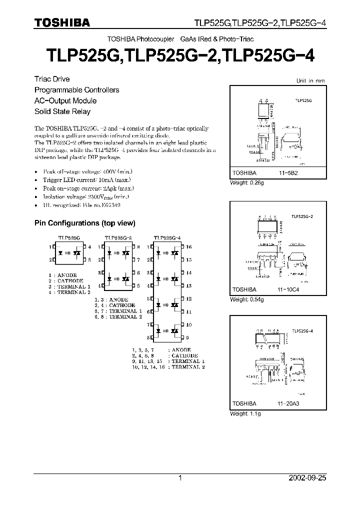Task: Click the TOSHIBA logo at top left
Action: point(62,22)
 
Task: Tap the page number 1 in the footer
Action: point(180,478)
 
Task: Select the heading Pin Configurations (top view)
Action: point(84,223)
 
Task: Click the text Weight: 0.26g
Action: point(246,183)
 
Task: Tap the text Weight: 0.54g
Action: point(246,299)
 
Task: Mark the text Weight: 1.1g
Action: point(245,414)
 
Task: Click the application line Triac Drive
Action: point(51,79)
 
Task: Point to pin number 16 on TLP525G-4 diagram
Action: point(189,247)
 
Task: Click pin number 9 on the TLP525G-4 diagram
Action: point(188,324)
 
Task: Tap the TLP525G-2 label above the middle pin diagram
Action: point(118,237)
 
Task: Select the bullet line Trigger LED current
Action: point(76,179)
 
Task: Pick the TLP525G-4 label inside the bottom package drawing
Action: point(302,331)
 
